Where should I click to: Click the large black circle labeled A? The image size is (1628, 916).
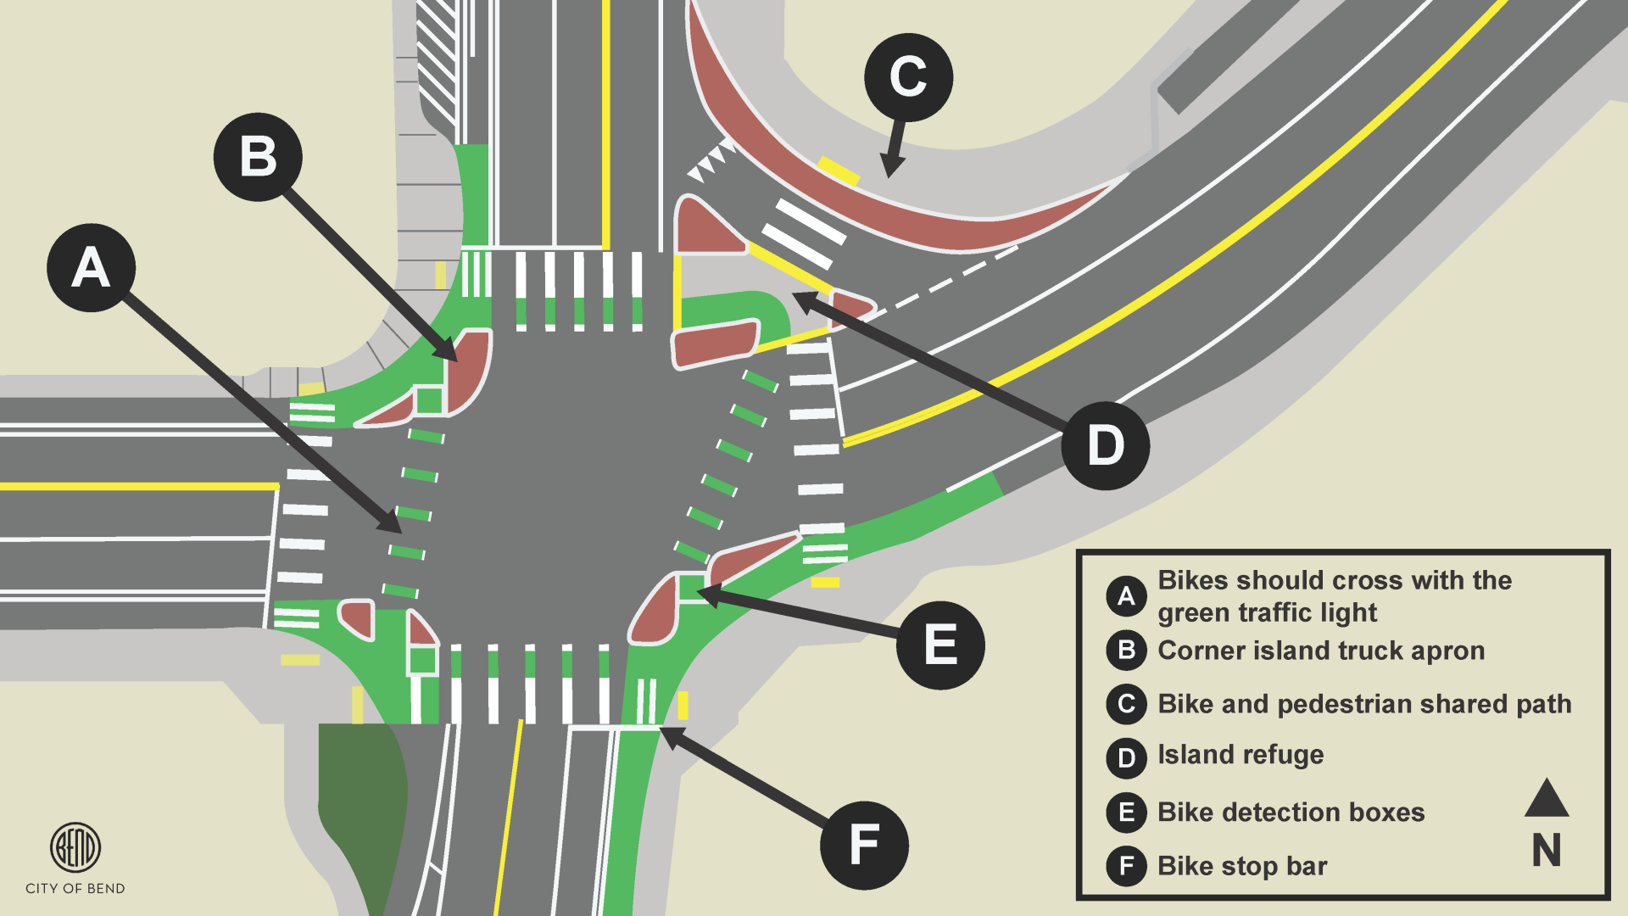pyautogui.click(x=91, y=268)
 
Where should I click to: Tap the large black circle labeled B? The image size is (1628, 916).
pyautogui.click(x=258, y=157)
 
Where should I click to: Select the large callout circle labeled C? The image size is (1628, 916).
pyautogui.click(x=908, y=77)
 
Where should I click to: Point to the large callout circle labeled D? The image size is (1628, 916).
pyautogui.click(x=1105, y=445)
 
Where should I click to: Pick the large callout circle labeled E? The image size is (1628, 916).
pyautogui.click(x=940, y=645)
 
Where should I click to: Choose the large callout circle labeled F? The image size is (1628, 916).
pyautogui.click(x=864, y=845)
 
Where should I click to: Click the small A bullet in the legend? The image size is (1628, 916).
pyautogui.click(x=1126, y=596)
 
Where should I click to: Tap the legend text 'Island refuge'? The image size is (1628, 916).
pyautogui.click(x=1241, y=755)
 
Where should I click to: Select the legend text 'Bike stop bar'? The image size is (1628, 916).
pyautogui.click(x=1242, y=866)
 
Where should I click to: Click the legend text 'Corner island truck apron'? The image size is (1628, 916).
pyautogui.click(x=1321, y=651)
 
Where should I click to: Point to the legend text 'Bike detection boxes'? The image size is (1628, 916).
pyautogui.click(x=1291, y=812)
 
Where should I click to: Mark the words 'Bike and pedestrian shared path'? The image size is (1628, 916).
pyautogui.click(x=1364, y=704)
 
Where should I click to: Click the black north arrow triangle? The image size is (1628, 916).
pyautogui.click(x=1547, y=799)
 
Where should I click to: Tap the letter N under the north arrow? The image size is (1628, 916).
pyautogui.click(x=1547, y=850)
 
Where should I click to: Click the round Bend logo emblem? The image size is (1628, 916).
pyautogui.click(x=75, y=846)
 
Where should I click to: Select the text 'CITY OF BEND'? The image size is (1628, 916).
pyautogui.click(x=75, y=888)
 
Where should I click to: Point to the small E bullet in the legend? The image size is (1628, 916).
pyautogui.click(x=1126, y=812)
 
